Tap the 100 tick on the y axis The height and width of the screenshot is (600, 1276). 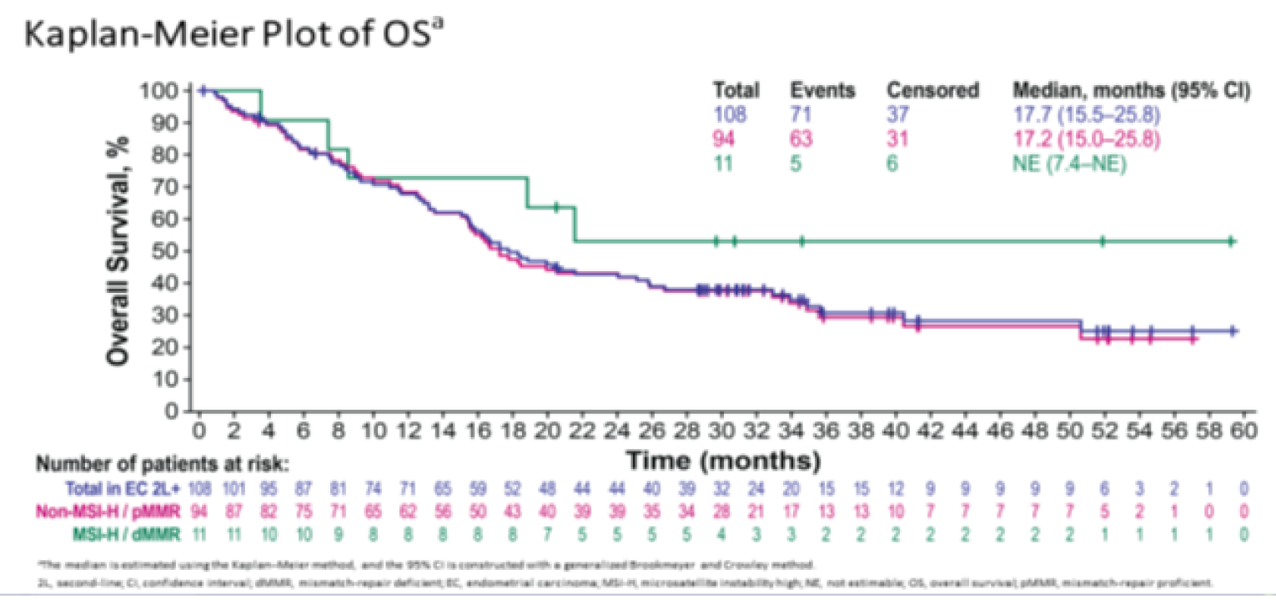(169, 90)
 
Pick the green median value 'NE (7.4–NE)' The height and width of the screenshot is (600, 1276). (1068, 164)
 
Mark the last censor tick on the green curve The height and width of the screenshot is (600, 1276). (1232, 241)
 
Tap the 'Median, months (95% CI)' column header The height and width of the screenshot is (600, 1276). (1131, 90)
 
